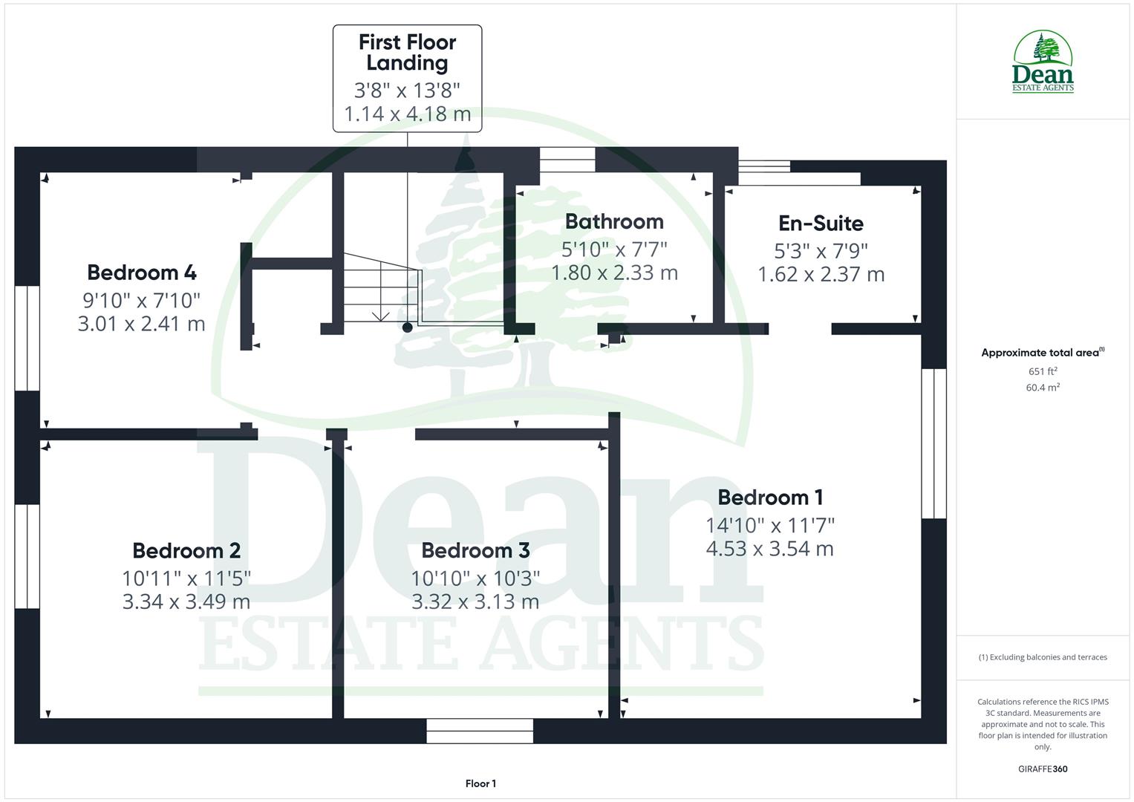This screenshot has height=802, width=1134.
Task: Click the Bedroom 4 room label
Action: (x=141, y=273)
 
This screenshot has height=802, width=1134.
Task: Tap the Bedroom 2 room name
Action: (x=186, y=550)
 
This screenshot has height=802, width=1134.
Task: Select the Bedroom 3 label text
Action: (x=475, y=550)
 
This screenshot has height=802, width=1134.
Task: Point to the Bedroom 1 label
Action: (x=770, y=498)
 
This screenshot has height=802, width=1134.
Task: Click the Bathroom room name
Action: (x=614, y=221)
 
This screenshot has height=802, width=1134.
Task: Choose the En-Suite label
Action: (x=821, y=223)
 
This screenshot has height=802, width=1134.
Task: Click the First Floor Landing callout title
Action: (x=407, y=53)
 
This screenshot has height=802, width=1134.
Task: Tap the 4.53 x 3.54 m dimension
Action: (x=770, y=549)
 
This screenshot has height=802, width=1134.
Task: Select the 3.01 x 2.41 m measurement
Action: (x=141, y=324)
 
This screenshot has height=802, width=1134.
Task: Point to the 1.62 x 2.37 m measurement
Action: (x=821, y=275)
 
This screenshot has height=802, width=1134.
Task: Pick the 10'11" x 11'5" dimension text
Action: (x=186, y=577)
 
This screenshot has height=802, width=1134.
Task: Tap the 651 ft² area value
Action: (x=1043, y=371)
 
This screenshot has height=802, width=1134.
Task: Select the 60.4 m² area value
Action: (x=1043, y=388)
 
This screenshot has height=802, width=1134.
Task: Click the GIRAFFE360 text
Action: (x=1043, y=769)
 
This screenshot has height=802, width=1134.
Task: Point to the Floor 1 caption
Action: (x=480, y=783)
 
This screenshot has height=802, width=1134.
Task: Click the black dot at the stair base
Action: (x=407, y=327)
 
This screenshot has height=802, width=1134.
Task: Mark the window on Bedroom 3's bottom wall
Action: (x=480, y=731)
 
